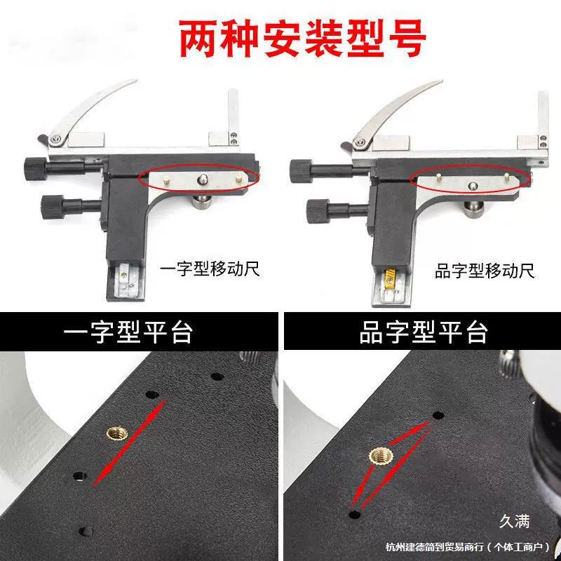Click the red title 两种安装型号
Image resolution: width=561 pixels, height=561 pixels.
coord(302,39)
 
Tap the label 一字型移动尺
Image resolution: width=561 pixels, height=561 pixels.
coord(210,269)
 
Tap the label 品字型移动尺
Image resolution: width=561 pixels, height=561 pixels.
coord(485,271)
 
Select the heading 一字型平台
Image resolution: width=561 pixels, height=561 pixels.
coord(128,332)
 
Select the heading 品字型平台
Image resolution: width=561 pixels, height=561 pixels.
coord(424,332)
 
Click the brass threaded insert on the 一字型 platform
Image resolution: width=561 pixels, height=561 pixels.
coord(117,434)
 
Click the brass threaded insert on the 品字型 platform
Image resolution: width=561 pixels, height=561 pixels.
coord(381,456)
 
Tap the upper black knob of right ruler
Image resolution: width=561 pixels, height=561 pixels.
coord(301,171)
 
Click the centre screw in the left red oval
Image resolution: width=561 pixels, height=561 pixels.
coord(203,178)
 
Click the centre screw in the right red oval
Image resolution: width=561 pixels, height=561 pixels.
coord(473,185)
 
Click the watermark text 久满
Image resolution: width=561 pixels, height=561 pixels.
coord(514,521)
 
